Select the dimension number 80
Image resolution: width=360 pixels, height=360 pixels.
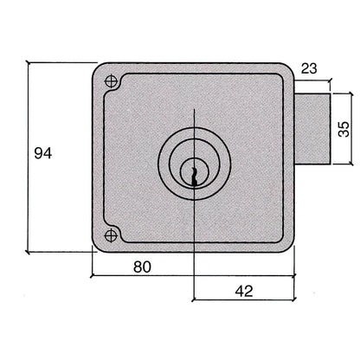[143, 267]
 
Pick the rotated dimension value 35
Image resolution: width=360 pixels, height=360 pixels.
[343, 129]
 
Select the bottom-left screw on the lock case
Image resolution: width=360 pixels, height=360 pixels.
[110, 235]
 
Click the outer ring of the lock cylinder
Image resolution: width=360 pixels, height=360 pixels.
[165, 160]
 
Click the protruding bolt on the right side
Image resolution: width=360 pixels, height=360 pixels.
[313, 129]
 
